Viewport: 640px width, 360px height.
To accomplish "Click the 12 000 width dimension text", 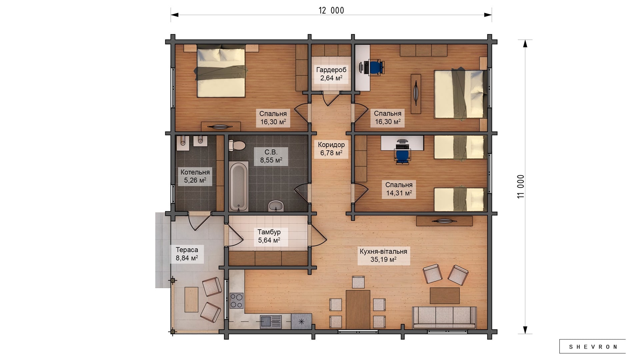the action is coord(331,10).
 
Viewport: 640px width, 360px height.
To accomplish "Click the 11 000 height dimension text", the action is coord(521,187).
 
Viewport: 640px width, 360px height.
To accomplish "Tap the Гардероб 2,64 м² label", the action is coord(331,74).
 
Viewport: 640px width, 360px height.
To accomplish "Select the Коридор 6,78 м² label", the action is coord(331,149).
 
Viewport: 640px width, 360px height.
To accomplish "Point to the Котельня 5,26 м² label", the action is coord(195,176).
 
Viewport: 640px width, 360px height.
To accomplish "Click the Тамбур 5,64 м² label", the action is coord(269,236).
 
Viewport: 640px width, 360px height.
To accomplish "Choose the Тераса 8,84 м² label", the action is coord(187,254).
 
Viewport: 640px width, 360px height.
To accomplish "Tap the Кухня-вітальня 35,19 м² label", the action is coord(383,255).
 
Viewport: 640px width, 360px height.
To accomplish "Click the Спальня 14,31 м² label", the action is coord(399,189).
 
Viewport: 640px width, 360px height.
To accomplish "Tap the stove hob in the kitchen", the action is coord(236,300).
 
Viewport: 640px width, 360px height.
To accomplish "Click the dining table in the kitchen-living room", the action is coord(358,309).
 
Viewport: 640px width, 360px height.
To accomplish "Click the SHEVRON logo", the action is coord(592,347).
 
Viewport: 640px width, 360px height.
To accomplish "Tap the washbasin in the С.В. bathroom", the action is coord(276,206).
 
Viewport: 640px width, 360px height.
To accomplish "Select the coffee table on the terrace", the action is coord(191,300).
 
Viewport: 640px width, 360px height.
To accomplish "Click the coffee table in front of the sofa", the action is coord(445,296).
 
